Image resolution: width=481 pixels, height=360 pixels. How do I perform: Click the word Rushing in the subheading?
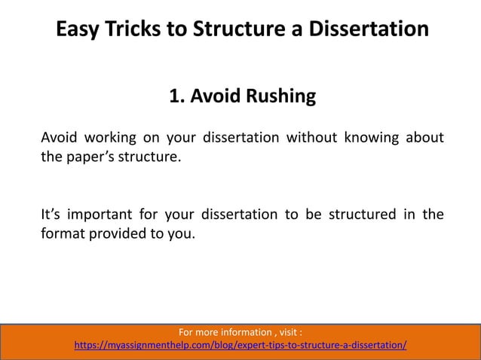coord(276,97)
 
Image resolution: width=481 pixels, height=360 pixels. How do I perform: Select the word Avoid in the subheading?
coord(213,97)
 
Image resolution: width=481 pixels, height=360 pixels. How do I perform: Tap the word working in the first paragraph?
coord(112,138)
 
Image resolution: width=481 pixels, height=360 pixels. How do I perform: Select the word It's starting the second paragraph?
coord(50,214)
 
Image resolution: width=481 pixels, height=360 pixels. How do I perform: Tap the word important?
coord(102,214)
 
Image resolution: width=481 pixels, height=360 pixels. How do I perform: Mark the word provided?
coord(120,235)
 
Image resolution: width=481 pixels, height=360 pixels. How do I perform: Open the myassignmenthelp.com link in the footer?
coord(240,346)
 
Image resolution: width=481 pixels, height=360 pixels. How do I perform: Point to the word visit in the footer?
coord(289,332)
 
